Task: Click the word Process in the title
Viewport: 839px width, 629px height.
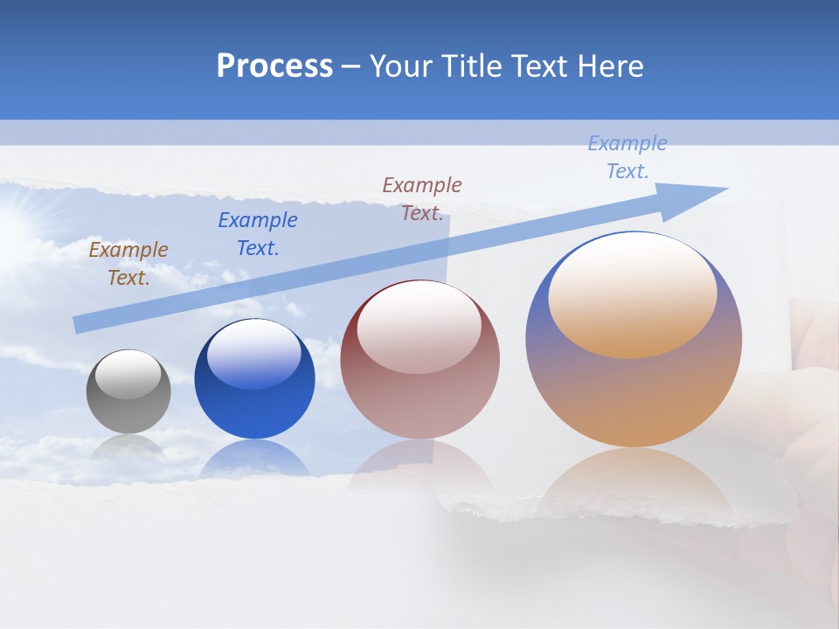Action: (x=274, y=66)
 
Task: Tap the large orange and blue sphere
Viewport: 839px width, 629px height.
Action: (x=634, y=384)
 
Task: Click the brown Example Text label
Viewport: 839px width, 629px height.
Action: (x=128, y=263)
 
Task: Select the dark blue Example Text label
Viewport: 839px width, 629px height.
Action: (x=258, y=234)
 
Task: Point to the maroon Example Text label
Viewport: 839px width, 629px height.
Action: (x=422, y=198)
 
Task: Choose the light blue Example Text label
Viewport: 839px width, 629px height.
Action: (x=628, y=157)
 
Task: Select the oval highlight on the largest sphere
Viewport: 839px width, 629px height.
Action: (x=632, y=296)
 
